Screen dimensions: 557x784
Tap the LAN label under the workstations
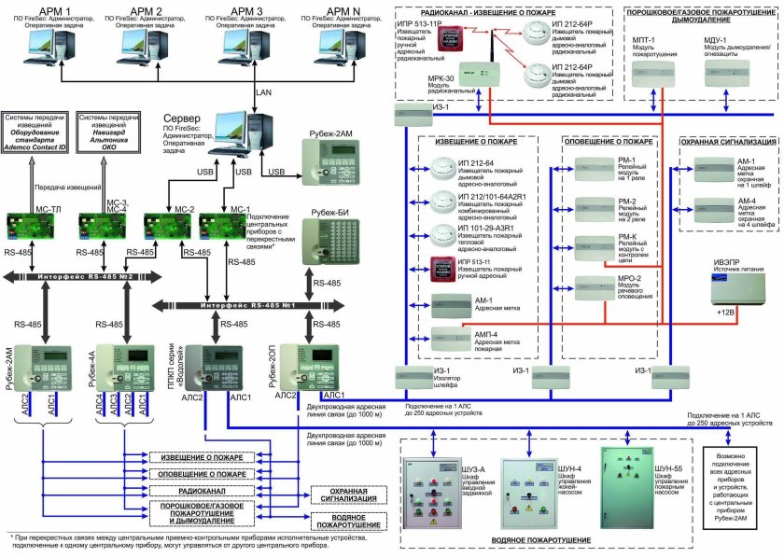(264, 94)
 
